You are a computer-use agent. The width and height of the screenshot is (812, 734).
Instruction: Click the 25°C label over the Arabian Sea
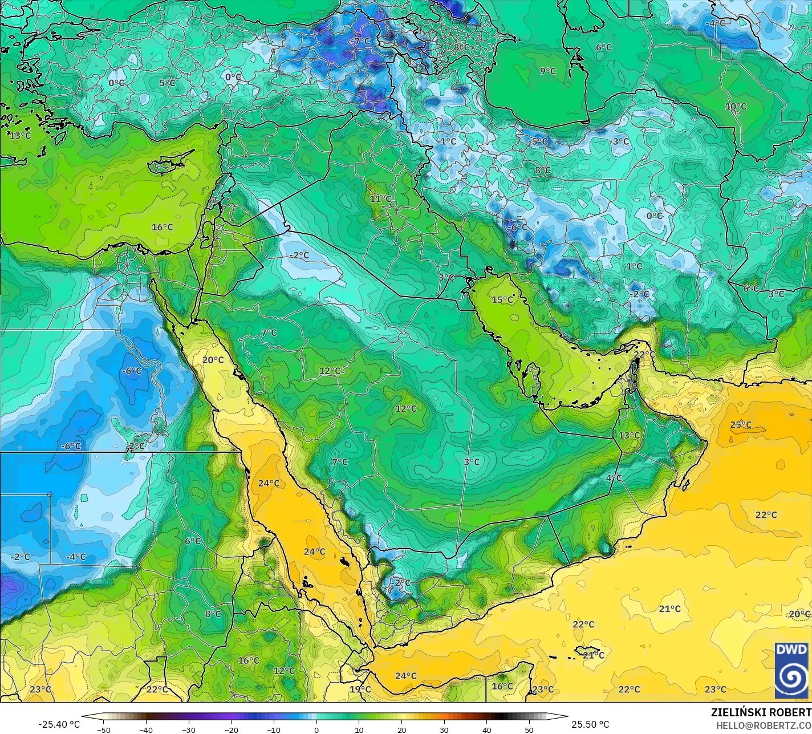(x=741, y=425)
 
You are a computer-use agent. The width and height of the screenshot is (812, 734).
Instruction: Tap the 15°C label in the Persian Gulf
(x=502, y=300)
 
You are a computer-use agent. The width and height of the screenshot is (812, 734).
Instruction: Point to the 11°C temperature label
(x=380, y=199)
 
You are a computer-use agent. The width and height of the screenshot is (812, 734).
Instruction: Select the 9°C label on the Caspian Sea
(x=548, y=71)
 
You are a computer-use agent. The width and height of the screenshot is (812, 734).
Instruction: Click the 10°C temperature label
(x=736, y=107)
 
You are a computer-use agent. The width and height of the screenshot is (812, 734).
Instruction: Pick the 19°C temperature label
(x=360, y=690)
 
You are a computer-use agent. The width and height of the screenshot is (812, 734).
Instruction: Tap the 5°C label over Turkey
(x=167, y=83)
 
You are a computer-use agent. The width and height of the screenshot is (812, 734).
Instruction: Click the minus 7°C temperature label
(x=360, y=42)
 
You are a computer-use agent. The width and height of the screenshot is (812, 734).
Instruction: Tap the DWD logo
(x=791, y=670)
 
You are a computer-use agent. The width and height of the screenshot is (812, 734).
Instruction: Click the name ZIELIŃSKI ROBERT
(x=761, y=712)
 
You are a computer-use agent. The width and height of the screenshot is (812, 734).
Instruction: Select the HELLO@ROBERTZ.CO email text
(x=764, y=725)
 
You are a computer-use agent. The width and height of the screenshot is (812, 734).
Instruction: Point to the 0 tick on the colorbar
(x=316, y=729)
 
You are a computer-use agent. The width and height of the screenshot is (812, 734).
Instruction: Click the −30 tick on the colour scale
(x=189, y=729)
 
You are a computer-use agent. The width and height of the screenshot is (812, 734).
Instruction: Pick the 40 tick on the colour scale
(x=486, y=729)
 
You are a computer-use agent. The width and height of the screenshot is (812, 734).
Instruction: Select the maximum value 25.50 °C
(x=590, y=724)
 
